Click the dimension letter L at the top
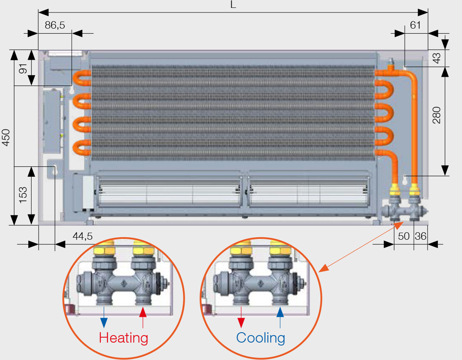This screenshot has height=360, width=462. (234, 5)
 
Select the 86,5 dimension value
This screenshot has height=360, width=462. (55, 25)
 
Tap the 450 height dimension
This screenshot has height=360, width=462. (6, 137)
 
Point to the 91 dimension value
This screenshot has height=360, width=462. (23, 68)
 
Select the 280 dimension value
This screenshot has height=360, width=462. (437, 115)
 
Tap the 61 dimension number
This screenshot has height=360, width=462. (415, 25)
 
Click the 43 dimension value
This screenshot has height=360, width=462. (437, 57)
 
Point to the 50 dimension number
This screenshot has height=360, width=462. (403, 236)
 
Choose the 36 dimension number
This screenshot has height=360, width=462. (420, 236)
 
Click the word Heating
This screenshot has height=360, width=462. (124, 338)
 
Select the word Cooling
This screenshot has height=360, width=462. (261, 338)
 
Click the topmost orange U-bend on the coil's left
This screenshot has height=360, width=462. (81, 78)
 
